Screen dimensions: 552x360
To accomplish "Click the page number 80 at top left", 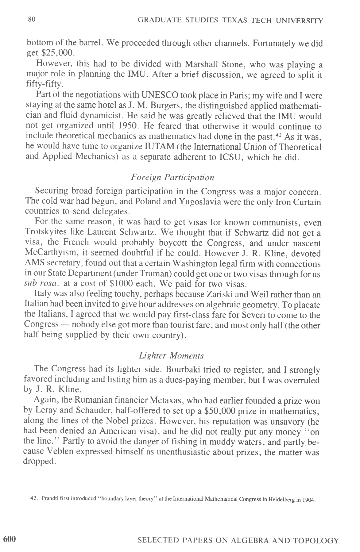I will pos(32,19).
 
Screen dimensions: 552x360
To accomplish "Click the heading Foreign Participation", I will pos(172,177).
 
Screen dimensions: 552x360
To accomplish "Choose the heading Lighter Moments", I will pos(171,356).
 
